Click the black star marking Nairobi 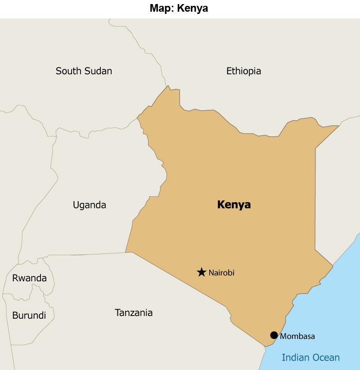coord(202,272)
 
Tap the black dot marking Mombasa coord(274,335)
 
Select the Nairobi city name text coord(221,273)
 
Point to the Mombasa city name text coord(297,336)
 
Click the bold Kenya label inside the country coord(234,205)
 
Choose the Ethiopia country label coord(243,71)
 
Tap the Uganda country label coord(90,205)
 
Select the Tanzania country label coord(134,313)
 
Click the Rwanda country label coord(29,278)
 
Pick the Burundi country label coord(29,316)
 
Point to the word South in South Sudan coord(68,71)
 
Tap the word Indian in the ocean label coord(295,358)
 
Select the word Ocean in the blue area coord(325,358)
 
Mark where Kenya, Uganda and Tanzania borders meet coord(126,252)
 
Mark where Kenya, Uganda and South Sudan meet coord(137,118)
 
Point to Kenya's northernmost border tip coord(168,86)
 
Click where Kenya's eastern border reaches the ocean coord(333,266)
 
